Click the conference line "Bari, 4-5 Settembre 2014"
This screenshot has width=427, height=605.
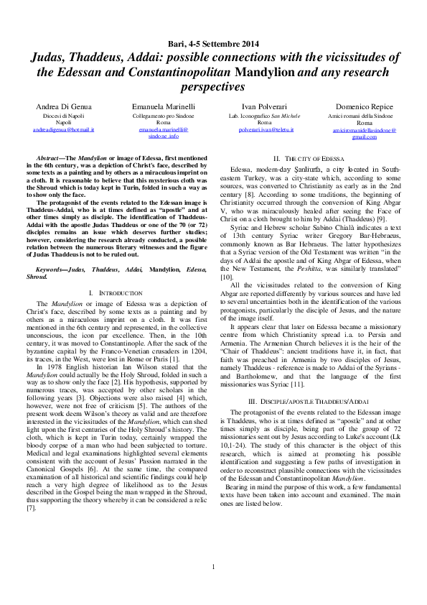(212, 45)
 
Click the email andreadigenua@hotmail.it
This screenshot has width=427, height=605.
(64, 129)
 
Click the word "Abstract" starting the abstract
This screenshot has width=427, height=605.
(50, 156)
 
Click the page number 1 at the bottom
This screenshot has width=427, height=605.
(213, 588)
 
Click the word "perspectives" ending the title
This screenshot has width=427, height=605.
(212, 86)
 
